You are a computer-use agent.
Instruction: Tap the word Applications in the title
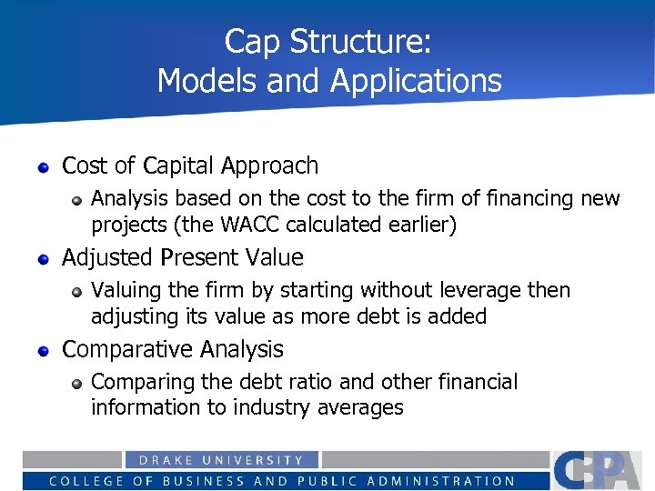click(x=417, y=81)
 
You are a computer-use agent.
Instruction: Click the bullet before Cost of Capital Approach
click(x=43, y=167)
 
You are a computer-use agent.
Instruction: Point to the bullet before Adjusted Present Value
click(x=43, y=259)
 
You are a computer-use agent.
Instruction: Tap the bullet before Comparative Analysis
click(x=43, y=351)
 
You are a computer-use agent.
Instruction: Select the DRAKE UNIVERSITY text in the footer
click(x=221, y=461)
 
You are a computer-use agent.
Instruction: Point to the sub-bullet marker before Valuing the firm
click(x=79, y=292)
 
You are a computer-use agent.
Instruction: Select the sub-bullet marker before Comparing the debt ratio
click(x=79, y=384)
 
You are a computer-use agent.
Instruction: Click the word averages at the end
click(x=360, y=408)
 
